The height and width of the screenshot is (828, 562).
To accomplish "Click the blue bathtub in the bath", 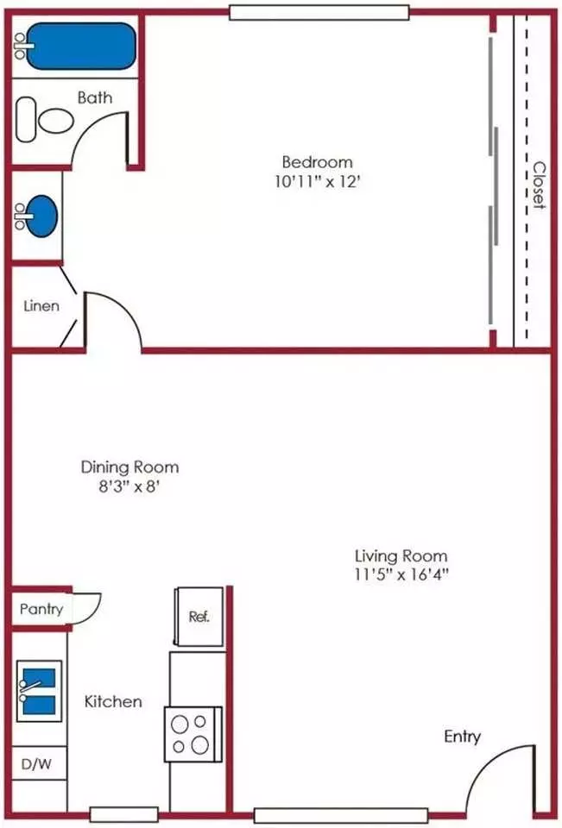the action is click(x=81, y=46).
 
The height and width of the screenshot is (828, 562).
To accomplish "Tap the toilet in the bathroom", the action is click(x=45, y=120).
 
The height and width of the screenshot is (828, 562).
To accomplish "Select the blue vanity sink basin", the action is click(x=41, y=216).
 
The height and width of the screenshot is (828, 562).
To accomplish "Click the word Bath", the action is click(x=95, y=97).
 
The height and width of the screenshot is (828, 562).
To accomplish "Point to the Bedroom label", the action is click(x=317, y=161).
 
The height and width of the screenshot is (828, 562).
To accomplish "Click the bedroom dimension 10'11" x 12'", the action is click(x=317, y=182).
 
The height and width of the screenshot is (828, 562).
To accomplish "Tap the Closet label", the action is click(x=539, y=185).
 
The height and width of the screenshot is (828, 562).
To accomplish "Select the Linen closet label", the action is click(x=41, y=305).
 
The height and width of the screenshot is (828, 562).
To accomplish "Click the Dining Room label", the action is click(x=129, y=467).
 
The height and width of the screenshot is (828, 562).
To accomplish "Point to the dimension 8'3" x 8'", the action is click(x=129, y=486).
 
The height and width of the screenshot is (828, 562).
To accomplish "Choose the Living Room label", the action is click(x=401, y=555).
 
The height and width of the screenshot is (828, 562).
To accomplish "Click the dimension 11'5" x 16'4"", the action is click(x=401, y=574).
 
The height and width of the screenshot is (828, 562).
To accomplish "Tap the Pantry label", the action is click(x=41, y=610).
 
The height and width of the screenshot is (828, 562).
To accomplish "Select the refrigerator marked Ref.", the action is click(x=199, y=616).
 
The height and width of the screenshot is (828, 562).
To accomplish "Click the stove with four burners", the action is click(x=193, y=734).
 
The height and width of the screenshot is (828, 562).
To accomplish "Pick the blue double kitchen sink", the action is click(x=39, y=691).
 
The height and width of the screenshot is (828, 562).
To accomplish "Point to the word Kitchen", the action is click(x=113, y=701).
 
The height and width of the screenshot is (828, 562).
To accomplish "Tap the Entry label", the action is click(x=463, y=737).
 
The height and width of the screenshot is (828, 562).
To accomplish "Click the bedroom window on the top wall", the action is click(x=319, y=13).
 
